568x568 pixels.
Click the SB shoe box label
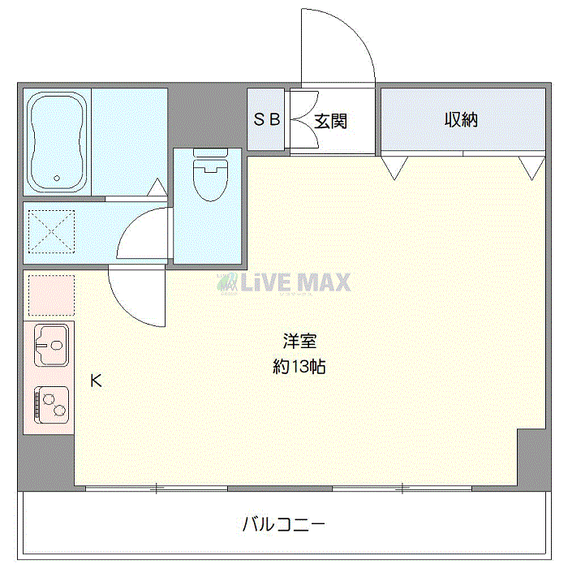[x=267, y=120]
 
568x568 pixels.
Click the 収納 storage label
[x=460, y=120]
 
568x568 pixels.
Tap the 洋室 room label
[x=299, y=341]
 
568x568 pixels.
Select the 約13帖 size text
[x=299, y=366]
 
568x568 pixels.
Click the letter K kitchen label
[x=96, y=380]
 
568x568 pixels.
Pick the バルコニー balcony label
[x=284, y=523]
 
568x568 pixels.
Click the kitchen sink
[x=49, y=345]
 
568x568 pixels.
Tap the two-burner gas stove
[x=49, y=404]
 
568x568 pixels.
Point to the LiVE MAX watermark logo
[x=283, y=282]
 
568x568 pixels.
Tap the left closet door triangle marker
[x=394, y=167]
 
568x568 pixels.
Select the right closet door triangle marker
[x=532, y=167]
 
